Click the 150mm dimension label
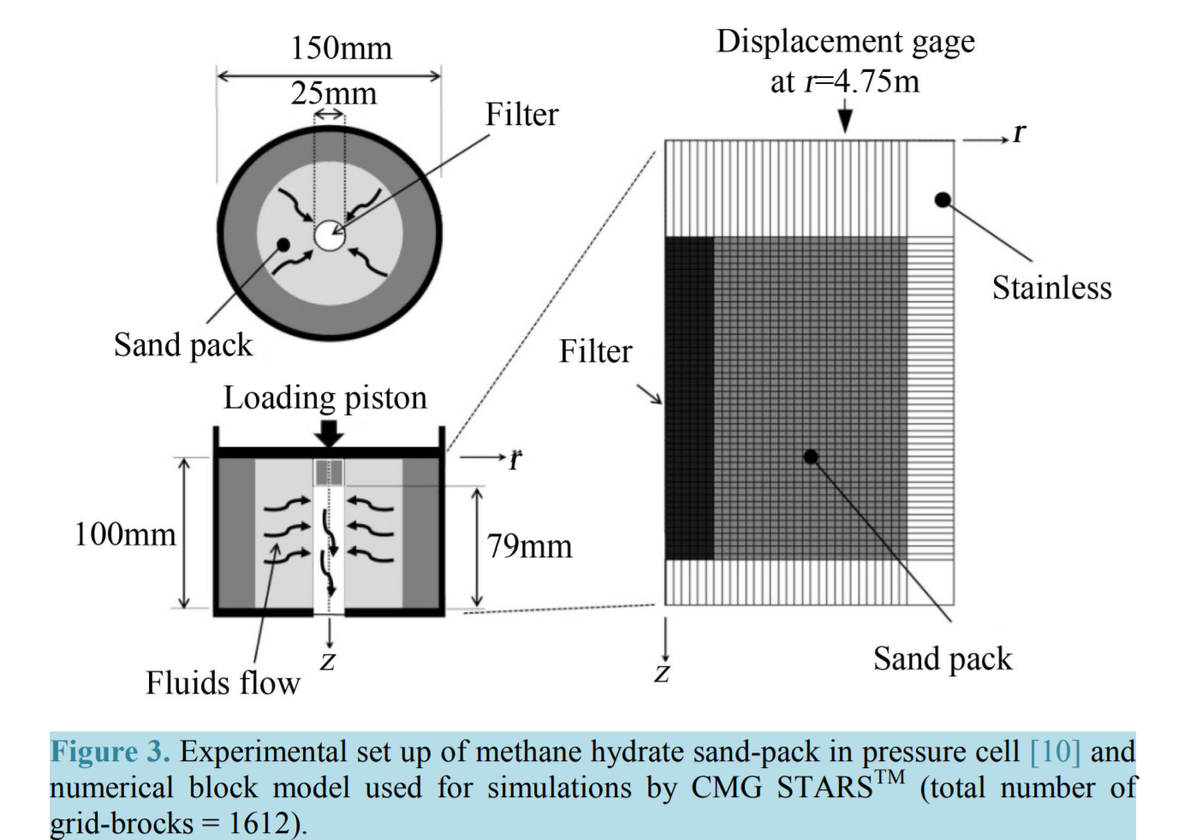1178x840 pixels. [342, 49]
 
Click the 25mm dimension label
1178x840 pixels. [334, 94]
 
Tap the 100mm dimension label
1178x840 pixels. [125, 534]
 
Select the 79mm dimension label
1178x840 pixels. [529, 546]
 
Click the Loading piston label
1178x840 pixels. [325, 398]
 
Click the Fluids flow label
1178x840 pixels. [223, 682]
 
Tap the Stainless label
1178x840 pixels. [1052, 289]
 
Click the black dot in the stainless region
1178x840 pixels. [943, 200]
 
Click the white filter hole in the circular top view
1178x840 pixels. [330, 235]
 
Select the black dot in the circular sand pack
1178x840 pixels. [283, 245]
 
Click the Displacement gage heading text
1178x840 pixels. [846, 42]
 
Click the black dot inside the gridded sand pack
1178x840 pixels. [811, 456]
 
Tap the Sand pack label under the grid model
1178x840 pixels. [943, 658]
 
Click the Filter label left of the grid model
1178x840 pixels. [595, 351]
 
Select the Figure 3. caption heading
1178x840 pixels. [110, 751]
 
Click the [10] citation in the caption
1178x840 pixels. [1055, 752]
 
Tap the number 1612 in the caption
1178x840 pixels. [259, 823]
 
